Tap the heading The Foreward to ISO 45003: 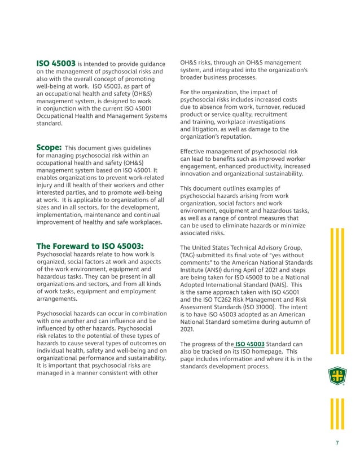tap(90, 246)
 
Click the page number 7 tap(337, 442)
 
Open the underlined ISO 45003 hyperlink tap(250, 344)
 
